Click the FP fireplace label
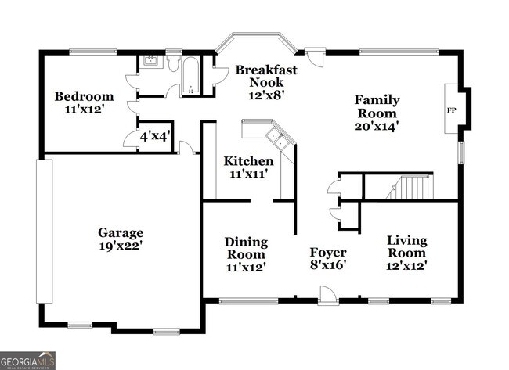tap(451, 110)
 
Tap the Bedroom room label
tap(84, 96)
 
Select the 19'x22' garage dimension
tap(121, 246)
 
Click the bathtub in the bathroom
tap(190, 76)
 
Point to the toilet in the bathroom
tap(174, 63)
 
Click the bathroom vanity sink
tap(150, 60)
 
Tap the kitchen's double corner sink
tap(276, 138)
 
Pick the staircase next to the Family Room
tap(410, 187)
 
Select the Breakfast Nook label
tap(266, 76)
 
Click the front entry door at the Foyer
tap(328, 296)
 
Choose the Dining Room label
tap(246, 248)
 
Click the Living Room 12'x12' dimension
tap(406, 266)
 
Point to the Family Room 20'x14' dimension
tap(377, 126)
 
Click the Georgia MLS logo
tap(27, 361)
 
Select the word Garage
tap(121, 233)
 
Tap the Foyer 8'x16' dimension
tap(328, 265)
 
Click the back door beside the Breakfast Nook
tap(316, 57)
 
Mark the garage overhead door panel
tap(44, 232)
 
